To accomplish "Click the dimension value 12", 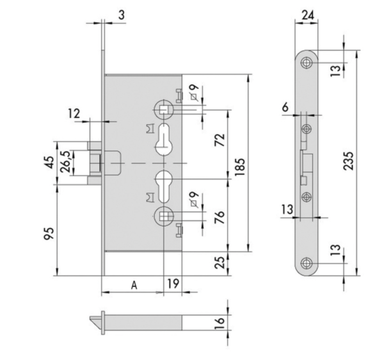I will [x=75, y=113].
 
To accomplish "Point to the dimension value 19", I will [x=172, y=283].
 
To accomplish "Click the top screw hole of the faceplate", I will [x=308, y=63].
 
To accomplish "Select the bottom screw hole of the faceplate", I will [x=308, y=263].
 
